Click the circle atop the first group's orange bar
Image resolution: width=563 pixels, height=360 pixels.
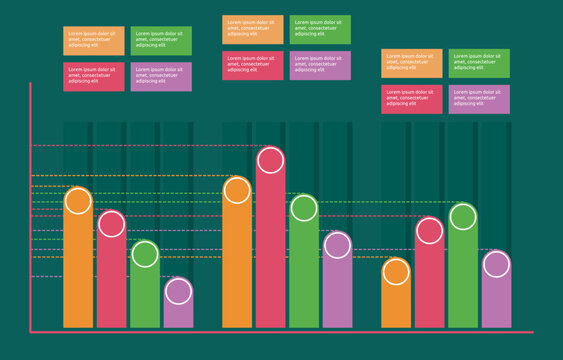click(78, 201)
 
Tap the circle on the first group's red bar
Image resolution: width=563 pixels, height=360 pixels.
click(111, 224)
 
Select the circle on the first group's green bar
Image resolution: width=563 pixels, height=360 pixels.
click(145, 254)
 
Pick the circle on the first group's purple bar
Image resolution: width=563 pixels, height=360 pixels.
click(178, 291)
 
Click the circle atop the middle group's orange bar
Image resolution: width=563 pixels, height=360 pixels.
click(237, 190)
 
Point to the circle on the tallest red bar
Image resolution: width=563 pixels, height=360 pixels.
click(270, 160)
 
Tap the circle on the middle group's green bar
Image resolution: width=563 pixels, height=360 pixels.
click(304, 208)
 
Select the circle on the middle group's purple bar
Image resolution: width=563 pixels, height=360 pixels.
click(337, 245)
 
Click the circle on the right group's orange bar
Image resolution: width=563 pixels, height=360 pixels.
click(396, 271)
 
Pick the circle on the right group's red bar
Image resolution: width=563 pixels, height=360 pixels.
click(429, 231)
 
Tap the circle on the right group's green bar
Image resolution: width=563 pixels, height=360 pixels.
click(463, 216)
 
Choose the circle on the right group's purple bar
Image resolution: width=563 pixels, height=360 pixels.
click(496, 264)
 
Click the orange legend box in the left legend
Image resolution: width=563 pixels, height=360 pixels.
click(94, 41)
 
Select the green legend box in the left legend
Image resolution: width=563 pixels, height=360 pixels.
click(161, 41)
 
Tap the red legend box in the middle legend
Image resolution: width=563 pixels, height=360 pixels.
click(253, 65)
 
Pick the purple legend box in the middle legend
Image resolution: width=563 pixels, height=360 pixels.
click(320, 65)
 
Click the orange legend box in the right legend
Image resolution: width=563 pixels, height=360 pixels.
click(411, 63)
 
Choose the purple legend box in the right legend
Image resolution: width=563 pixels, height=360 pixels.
click(479, 99)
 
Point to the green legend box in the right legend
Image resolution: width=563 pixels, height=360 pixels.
click(479, 63)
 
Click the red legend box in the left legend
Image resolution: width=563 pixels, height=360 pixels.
click(94, 77)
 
